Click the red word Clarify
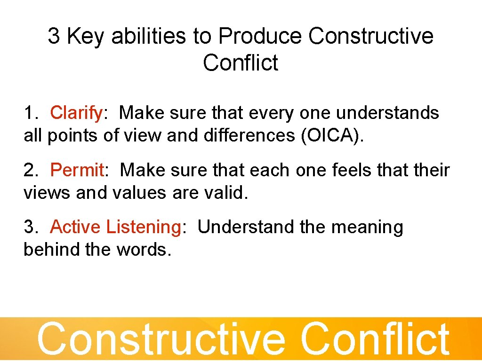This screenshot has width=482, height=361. click(x=76, y=113)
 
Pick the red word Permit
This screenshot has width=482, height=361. click(x=77, y=170)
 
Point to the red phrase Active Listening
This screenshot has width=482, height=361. click(x=115, y=227)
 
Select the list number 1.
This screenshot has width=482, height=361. click(x=31, y=113)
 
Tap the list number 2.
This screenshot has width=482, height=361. click(x=31, y=170)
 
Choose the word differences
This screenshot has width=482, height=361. click(x=249, y=136)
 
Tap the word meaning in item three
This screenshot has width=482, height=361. click(x=367, y=227)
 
